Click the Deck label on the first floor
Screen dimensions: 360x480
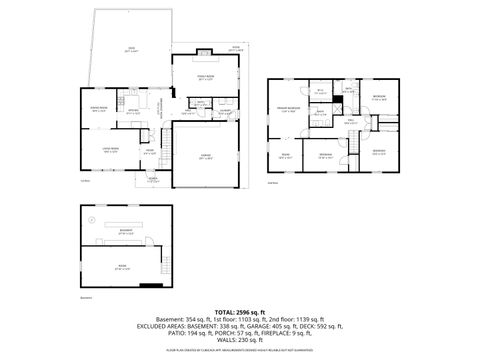point(130,49)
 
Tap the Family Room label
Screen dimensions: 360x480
point(205,78)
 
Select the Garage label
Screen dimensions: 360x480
point(206,158)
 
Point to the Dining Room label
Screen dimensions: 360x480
point(100,109)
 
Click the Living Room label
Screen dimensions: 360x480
point(100,149)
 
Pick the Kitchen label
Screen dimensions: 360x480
point(133,112)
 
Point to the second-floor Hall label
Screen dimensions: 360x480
point(351,123)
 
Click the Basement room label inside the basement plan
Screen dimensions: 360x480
point(126,232)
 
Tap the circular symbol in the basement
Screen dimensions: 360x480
point(90,220)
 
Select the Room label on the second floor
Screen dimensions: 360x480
point(285,155)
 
